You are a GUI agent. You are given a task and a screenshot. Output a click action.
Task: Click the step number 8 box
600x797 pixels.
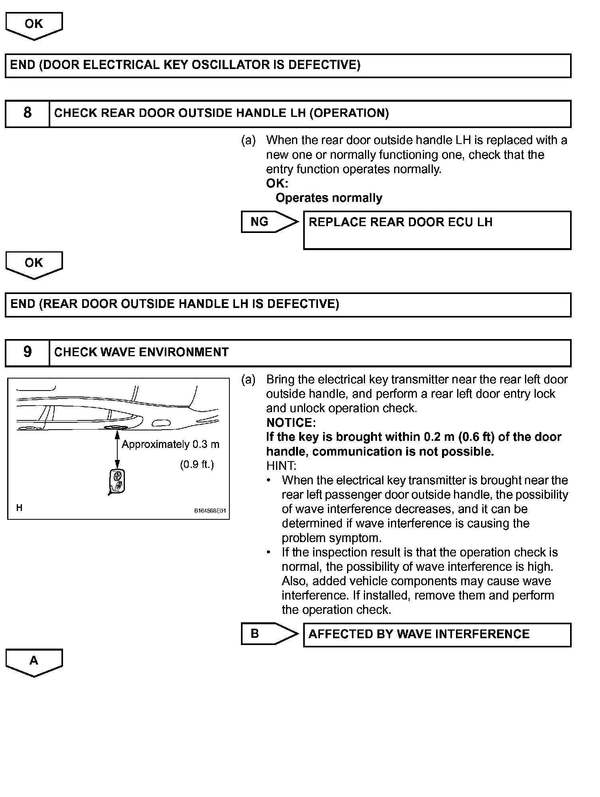click(27, 113)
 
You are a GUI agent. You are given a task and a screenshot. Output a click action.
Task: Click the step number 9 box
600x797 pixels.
click(27, 352)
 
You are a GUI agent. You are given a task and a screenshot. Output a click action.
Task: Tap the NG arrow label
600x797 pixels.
click(260, 222)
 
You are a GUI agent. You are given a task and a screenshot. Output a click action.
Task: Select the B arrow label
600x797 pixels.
click(255, 633)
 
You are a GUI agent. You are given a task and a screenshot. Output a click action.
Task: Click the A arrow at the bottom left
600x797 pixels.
click(34, 661)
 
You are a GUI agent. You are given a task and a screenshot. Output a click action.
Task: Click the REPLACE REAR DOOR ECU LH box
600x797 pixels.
click(437, 230)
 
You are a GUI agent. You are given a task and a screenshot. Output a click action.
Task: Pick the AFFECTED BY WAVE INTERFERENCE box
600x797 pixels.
click(437, 634)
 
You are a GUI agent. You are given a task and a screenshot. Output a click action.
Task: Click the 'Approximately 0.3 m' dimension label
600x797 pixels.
click(170, 444)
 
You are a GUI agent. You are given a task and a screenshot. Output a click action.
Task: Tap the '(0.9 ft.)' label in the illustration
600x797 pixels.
click(197, 465)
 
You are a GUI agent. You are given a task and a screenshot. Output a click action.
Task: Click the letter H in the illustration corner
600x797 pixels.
click(19, 508)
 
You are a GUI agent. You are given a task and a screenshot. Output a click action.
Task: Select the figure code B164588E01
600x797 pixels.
click(210, 511)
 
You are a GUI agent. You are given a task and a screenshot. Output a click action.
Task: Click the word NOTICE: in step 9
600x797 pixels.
click(291, 422)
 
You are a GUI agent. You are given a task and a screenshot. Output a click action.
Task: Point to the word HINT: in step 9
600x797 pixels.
click(281, 466)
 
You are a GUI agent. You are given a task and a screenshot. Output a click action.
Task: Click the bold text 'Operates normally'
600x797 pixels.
click(329, 198)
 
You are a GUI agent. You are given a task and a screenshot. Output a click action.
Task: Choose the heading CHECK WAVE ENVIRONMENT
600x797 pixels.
click(141, 352)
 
